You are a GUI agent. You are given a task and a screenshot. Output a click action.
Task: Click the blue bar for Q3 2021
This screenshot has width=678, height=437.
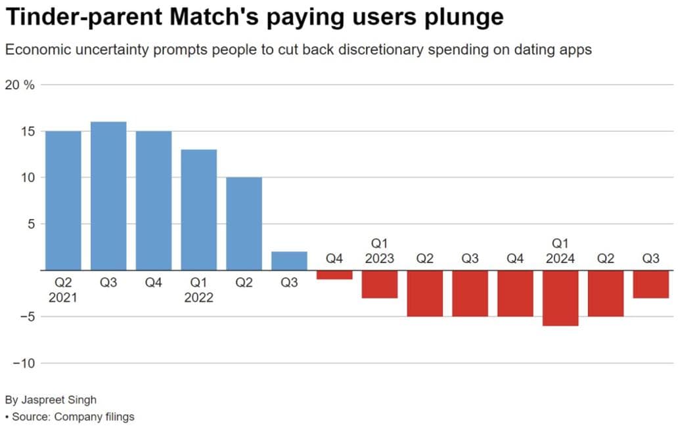coord(108,196)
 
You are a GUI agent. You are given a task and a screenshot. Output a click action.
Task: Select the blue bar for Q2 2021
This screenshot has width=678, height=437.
coord(63,200)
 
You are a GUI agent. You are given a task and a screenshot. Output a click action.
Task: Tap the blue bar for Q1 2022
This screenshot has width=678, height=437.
coord(198,209)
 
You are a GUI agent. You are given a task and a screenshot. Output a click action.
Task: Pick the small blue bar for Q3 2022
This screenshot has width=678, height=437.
coord(289,260)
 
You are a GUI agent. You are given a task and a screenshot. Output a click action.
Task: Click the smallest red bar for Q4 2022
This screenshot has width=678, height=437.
coord(334,275)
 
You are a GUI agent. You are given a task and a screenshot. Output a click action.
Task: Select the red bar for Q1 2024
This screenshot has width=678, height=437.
coord(560,298)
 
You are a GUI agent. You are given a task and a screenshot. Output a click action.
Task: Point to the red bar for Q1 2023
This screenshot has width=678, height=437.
coord(380,284)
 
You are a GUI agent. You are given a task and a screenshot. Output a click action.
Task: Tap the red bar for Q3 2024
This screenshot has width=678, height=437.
coord(650,284)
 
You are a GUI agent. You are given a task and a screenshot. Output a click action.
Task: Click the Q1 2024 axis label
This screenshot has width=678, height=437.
coord(560,251)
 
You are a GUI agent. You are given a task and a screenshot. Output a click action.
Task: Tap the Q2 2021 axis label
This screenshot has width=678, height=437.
coord(63,289)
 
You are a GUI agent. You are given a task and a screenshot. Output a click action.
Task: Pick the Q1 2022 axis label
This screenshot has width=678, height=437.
coord(198,289)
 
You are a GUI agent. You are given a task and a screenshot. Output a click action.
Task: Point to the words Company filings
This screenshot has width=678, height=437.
coord(94,417)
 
